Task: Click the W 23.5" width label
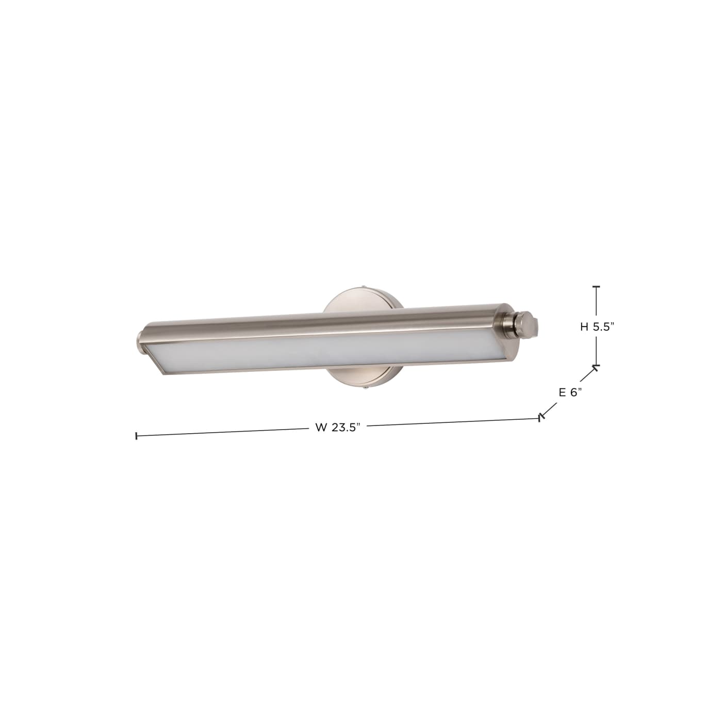coord(337,428)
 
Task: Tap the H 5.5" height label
coord(598,326)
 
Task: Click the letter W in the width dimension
coord(320,428)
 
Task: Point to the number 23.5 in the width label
coord(345,428)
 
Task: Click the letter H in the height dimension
coord(584,326)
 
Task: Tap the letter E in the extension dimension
coord(563,392)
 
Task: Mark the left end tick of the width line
coord(136,436)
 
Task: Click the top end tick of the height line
coord(597,286)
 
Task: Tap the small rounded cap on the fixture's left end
coord(139,340)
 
